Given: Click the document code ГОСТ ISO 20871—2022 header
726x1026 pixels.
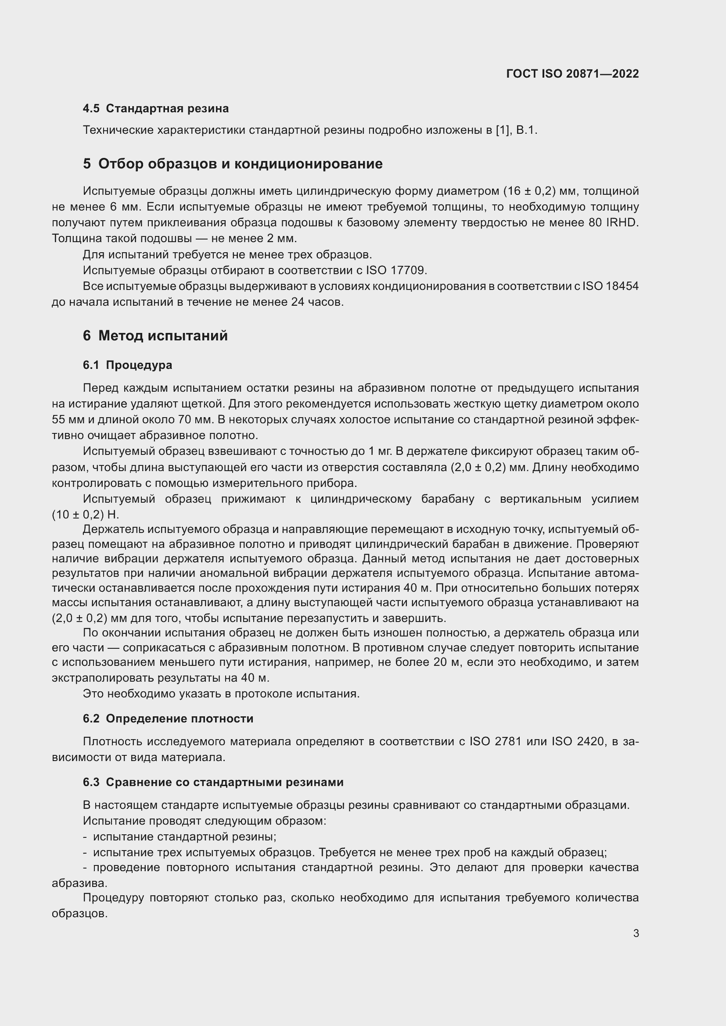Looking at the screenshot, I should point(572,74).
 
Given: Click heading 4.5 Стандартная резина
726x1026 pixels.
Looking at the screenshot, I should point(155,109).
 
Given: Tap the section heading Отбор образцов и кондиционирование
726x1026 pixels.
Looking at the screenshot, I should point(240,164).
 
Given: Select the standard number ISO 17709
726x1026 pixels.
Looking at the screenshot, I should point(396,270).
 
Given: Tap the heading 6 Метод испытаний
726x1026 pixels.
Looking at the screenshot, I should point(155,336).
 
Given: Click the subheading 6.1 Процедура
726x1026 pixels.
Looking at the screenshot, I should point(127,365).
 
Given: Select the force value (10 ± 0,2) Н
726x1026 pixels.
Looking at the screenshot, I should point(86,515).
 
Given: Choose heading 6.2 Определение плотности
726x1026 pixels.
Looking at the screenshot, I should point(168,719).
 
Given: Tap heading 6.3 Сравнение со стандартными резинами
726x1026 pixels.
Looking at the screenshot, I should point(213,782).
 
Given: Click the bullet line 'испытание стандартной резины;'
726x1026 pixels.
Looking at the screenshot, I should point(184,837).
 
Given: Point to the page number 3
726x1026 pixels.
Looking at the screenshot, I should point(636,933).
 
